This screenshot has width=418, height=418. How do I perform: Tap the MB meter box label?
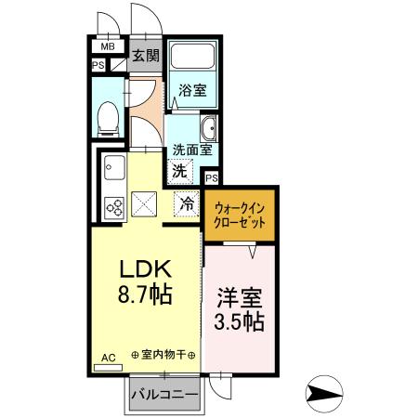pos(107,46)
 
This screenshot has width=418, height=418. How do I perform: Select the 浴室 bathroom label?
pos(192,90)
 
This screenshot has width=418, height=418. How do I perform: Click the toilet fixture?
pos(107,116)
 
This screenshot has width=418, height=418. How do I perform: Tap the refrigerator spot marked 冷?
pos(187,202)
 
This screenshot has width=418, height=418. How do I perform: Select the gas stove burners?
pos(117,207)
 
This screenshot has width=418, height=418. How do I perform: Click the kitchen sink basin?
pos(115,170)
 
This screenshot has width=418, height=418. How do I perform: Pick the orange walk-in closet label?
pos(240,216)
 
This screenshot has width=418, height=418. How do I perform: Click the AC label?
pos(107,357)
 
